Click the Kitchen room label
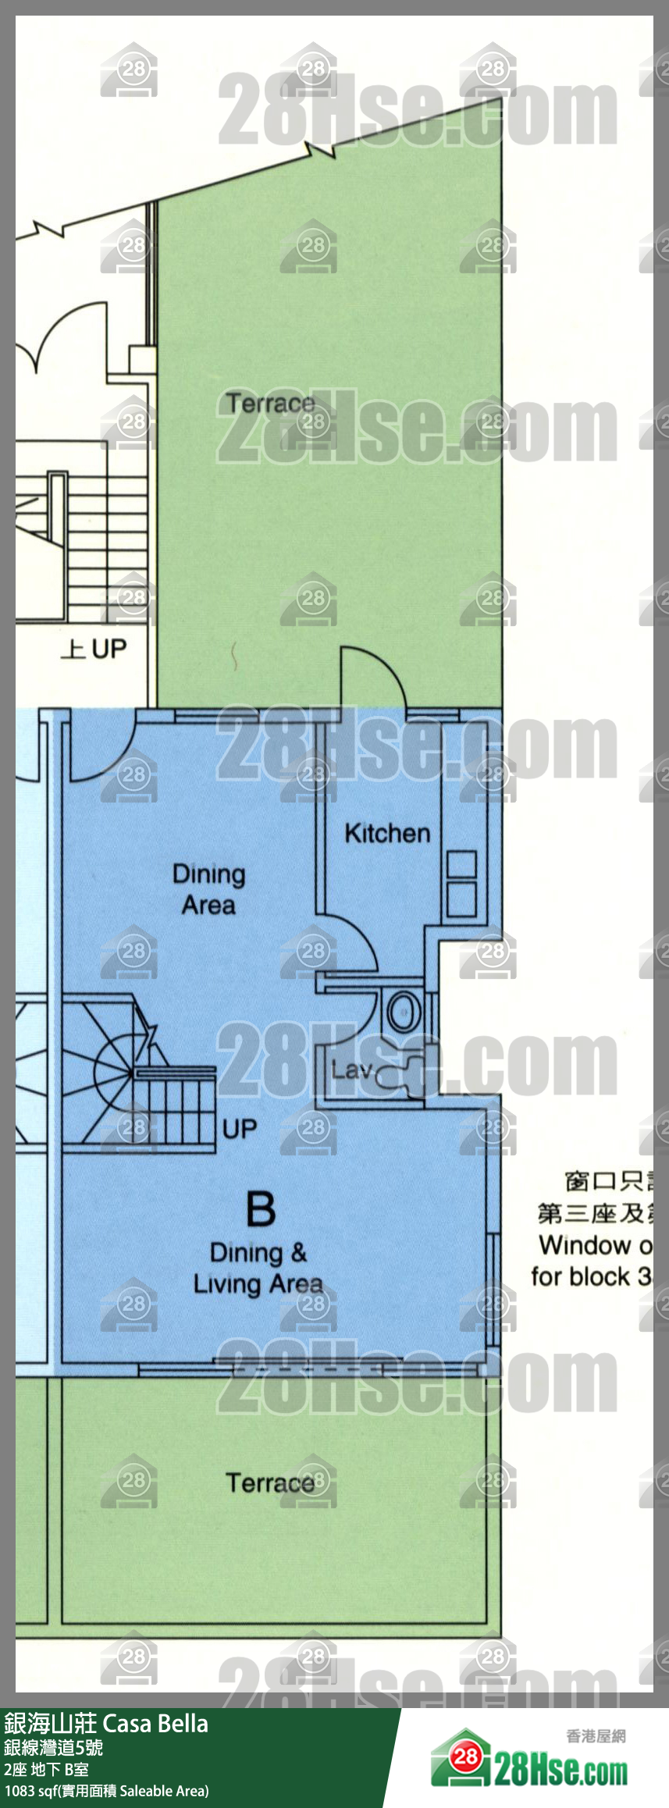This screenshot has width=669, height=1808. pos(387,834)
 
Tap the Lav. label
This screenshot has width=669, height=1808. pos(352,1069)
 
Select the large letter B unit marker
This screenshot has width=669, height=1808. pos(261,1209)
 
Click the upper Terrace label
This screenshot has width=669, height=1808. pos(270,404)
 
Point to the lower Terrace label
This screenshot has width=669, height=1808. pos(270,1482)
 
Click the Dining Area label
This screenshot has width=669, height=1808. pos(208,889)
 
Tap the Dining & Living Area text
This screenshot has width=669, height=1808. pos(258,1269)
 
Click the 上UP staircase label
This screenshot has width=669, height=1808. pos(94,649)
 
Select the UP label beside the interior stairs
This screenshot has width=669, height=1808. pos(239,1128)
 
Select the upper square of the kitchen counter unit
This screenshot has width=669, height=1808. pos(461,865)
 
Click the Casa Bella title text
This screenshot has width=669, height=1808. pos(155,1724)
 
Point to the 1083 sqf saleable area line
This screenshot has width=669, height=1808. pos(106,1792)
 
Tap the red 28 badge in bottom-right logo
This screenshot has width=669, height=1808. pos(466,1757)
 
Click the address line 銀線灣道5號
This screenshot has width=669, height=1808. pos(53,1747)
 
